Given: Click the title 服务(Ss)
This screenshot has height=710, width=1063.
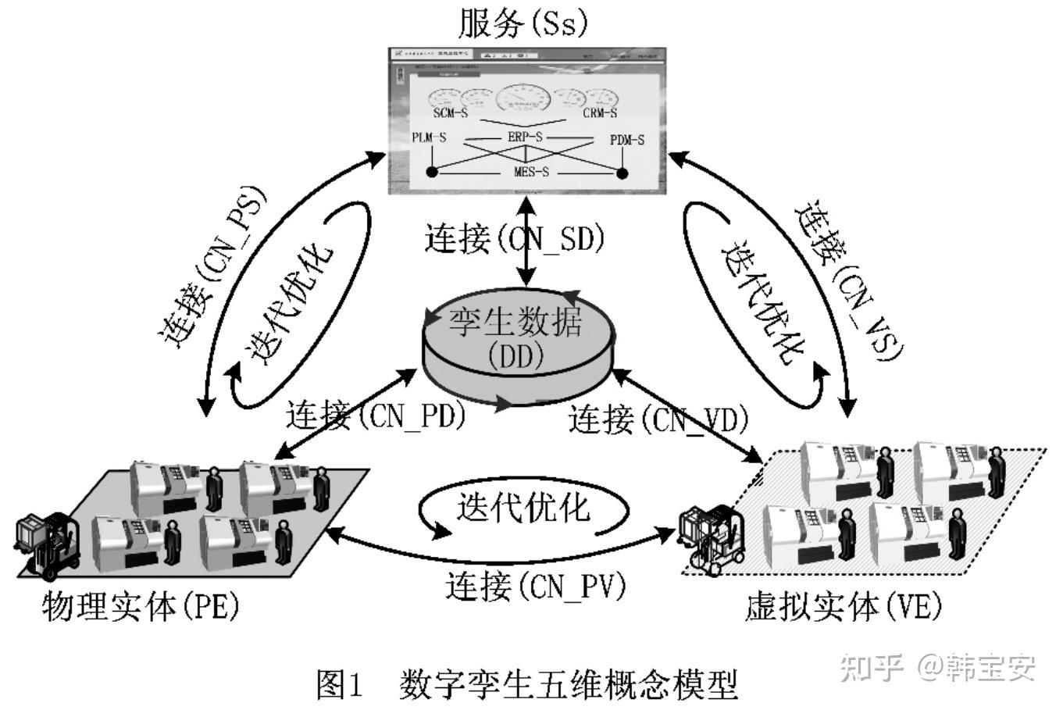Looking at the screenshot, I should (522, 24).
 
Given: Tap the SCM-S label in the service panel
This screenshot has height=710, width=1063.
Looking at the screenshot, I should (451, 113).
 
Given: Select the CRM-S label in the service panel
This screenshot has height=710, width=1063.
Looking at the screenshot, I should (600, 113).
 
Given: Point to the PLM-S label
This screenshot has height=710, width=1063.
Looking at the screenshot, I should (429, 138).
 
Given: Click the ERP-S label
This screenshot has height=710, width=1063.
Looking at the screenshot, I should (526, 137).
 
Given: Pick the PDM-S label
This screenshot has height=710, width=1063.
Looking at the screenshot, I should (626, 141).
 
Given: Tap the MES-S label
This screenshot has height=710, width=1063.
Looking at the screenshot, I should (531, 172).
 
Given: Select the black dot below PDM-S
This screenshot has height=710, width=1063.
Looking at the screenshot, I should (622, 173).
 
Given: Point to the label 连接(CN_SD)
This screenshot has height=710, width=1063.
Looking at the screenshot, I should (515, 239).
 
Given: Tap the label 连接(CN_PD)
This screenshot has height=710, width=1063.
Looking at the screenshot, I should (376, 415).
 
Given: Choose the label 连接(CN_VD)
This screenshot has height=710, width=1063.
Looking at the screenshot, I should (658, 420).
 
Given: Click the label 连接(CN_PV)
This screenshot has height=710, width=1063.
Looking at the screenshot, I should (537, 586).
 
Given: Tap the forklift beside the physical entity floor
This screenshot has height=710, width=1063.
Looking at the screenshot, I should (48, 543).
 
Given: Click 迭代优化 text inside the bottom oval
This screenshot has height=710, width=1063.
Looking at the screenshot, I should (523, 508).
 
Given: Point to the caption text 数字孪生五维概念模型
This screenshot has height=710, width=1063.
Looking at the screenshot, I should (568, 687).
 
